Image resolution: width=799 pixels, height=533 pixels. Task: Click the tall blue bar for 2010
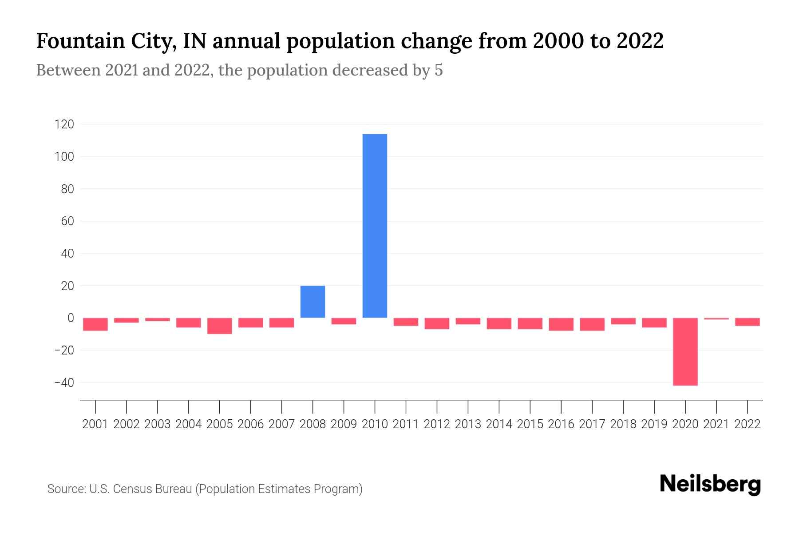[x=375, y=226]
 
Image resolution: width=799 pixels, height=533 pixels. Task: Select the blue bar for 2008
[x=312, y=302]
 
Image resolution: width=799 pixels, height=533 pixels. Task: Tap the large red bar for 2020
[x=685, y=351]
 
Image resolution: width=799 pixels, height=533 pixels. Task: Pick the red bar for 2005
[x=219, y=326]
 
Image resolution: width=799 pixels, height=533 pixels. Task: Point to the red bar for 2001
[x=95, y=324]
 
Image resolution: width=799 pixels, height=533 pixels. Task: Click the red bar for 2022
[x=747, y=322]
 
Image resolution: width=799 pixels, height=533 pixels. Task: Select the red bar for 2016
[x=561, y=324]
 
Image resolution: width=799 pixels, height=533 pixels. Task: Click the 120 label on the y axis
[x=64, y=124]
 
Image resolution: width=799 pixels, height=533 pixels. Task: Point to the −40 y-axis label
[x=64, y=382]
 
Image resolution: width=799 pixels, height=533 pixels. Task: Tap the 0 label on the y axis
[x=70, y=318]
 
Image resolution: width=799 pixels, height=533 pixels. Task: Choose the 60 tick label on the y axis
[x=67, y=221]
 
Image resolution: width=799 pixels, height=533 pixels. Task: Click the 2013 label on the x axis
[x=468, y=424]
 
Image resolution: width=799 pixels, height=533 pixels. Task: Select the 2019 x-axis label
[x=654, y=424]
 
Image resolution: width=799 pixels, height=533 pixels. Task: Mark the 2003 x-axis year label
[x=158, y=424]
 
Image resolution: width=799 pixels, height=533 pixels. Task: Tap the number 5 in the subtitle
[x=439, y=70]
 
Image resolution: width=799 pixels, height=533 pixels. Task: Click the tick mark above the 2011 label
[x=406, y=406]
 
